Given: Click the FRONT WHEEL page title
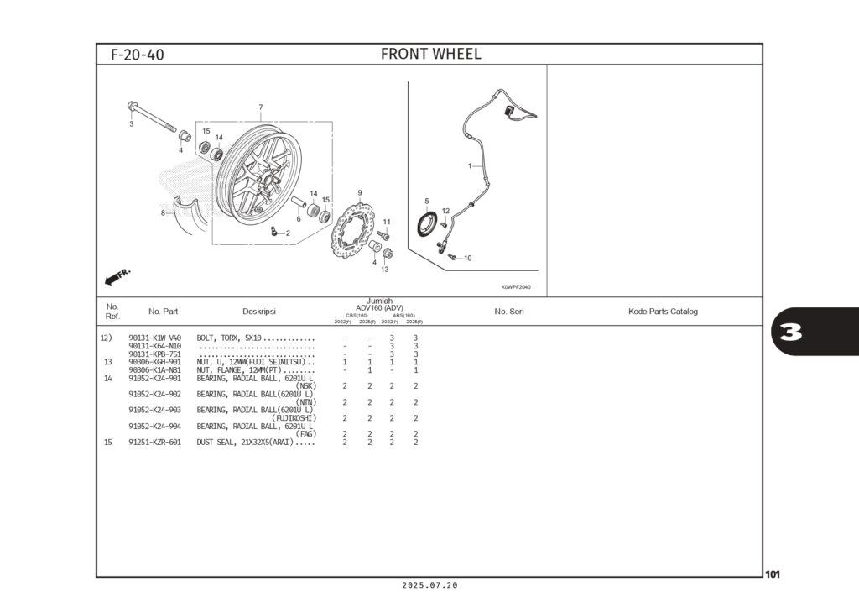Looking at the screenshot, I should (430, 55).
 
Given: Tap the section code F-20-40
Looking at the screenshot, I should (138, 55).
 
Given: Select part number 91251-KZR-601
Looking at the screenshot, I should (154, 442).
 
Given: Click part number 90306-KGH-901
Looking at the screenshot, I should (154, 362).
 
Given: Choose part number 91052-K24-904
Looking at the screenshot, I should (154, 426).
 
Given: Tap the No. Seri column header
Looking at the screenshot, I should (509, 312).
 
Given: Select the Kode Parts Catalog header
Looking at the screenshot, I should (663, 312).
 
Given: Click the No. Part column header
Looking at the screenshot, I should (163, 312).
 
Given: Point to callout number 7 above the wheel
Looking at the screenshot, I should (260, 107).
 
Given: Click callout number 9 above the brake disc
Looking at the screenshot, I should (359, 193).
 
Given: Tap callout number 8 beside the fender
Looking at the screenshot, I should (163, 213).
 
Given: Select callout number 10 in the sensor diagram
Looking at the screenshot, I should (467, 258).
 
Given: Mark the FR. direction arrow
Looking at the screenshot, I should (118, 276).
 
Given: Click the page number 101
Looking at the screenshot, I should (773, 574).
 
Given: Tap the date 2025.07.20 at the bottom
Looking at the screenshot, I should (429, 585).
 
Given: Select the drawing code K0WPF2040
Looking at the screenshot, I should (516, 287).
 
